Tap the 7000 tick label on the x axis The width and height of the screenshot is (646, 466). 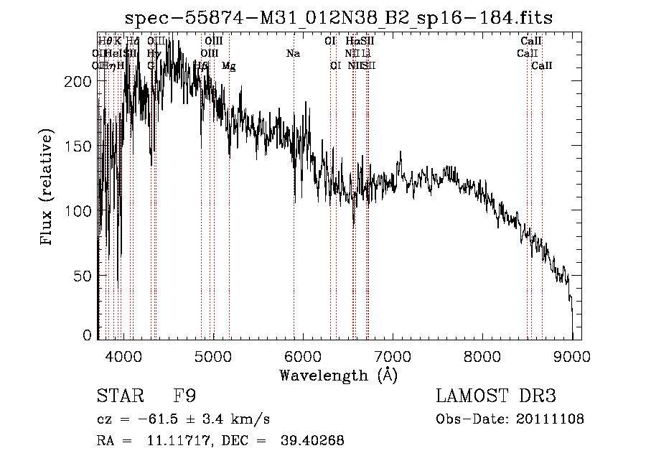point(392,356)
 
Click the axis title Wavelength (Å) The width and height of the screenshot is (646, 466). point(339,375)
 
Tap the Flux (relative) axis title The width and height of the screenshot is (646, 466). point(48,188)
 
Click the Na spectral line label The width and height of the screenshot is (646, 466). point(293,53)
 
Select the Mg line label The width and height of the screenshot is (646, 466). point(228,66)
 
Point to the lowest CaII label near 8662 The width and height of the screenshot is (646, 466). point(542,66)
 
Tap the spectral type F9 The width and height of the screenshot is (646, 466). point(185,397)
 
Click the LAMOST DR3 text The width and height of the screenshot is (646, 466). point(496,397)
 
